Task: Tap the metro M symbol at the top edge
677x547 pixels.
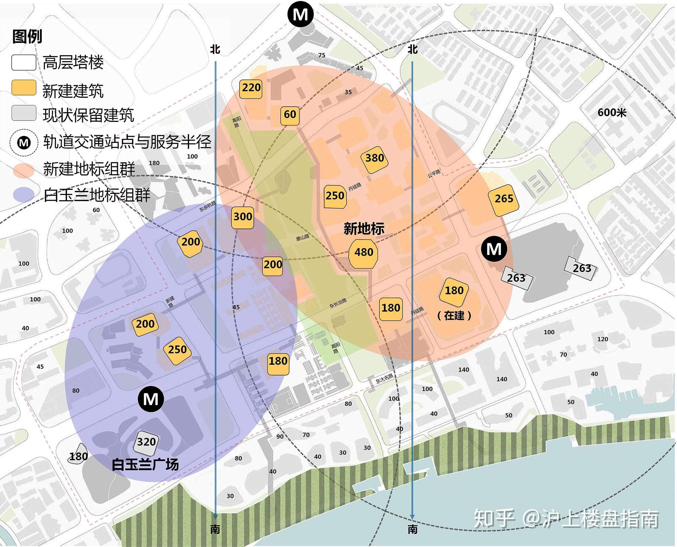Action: [x=300, y=15]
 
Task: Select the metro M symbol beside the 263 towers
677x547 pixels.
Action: [x=494, y=249]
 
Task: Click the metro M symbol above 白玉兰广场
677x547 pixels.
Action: [x=151, y=399]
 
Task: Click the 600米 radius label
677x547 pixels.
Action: [x=612, y=113]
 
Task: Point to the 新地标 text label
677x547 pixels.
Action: [x=364, y=229]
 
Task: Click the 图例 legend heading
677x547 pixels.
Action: [x=27, y=37]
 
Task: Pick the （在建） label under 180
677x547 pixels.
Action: [x=454, y=315]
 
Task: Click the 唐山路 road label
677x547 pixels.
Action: [x=303, y=238]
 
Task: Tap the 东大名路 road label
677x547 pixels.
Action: [x=384, y=378]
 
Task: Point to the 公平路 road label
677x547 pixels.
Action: [x=434, y=173]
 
